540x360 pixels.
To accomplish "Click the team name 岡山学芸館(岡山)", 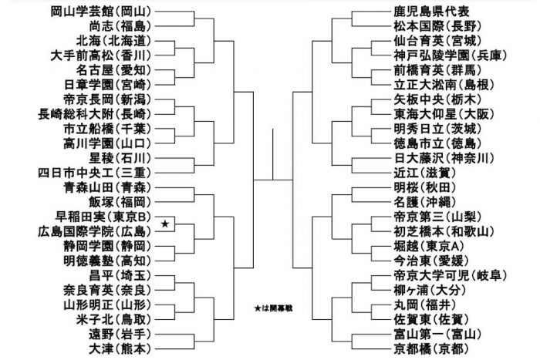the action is coord(101,12).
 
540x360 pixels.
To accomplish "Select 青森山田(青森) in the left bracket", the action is coord(107,187).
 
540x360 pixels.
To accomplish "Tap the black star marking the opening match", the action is coord(165,224).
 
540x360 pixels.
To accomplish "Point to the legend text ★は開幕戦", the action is coord(273,308).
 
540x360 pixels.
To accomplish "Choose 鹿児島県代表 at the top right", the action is coord(431,12).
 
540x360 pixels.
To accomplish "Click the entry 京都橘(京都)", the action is coord(431,349).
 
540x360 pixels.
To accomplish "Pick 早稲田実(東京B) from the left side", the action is coord(103,217).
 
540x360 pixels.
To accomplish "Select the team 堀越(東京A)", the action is coord(429,247).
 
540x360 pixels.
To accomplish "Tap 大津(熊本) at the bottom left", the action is coord(120,349).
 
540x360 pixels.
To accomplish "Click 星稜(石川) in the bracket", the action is coord(120,158).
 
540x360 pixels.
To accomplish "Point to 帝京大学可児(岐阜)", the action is coord(451,276).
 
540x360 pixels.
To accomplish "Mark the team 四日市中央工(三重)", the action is coord(95,173).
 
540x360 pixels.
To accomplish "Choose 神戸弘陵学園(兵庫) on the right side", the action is coord(451,56).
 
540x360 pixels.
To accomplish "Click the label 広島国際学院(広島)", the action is coord(95,231).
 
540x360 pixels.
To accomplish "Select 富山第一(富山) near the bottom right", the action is coord(437,335).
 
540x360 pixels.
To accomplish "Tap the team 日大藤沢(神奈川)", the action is coord(444,158).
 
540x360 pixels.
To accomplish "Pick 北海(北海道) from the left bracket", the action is coord(113,41).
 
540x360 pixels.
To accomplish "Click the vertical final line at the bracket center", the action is coord(273,154).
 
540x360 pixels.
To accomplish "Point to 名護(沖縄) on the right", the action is coord(425,202).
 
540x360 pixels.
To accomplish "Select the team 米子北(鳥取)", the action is coord(113,320).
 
